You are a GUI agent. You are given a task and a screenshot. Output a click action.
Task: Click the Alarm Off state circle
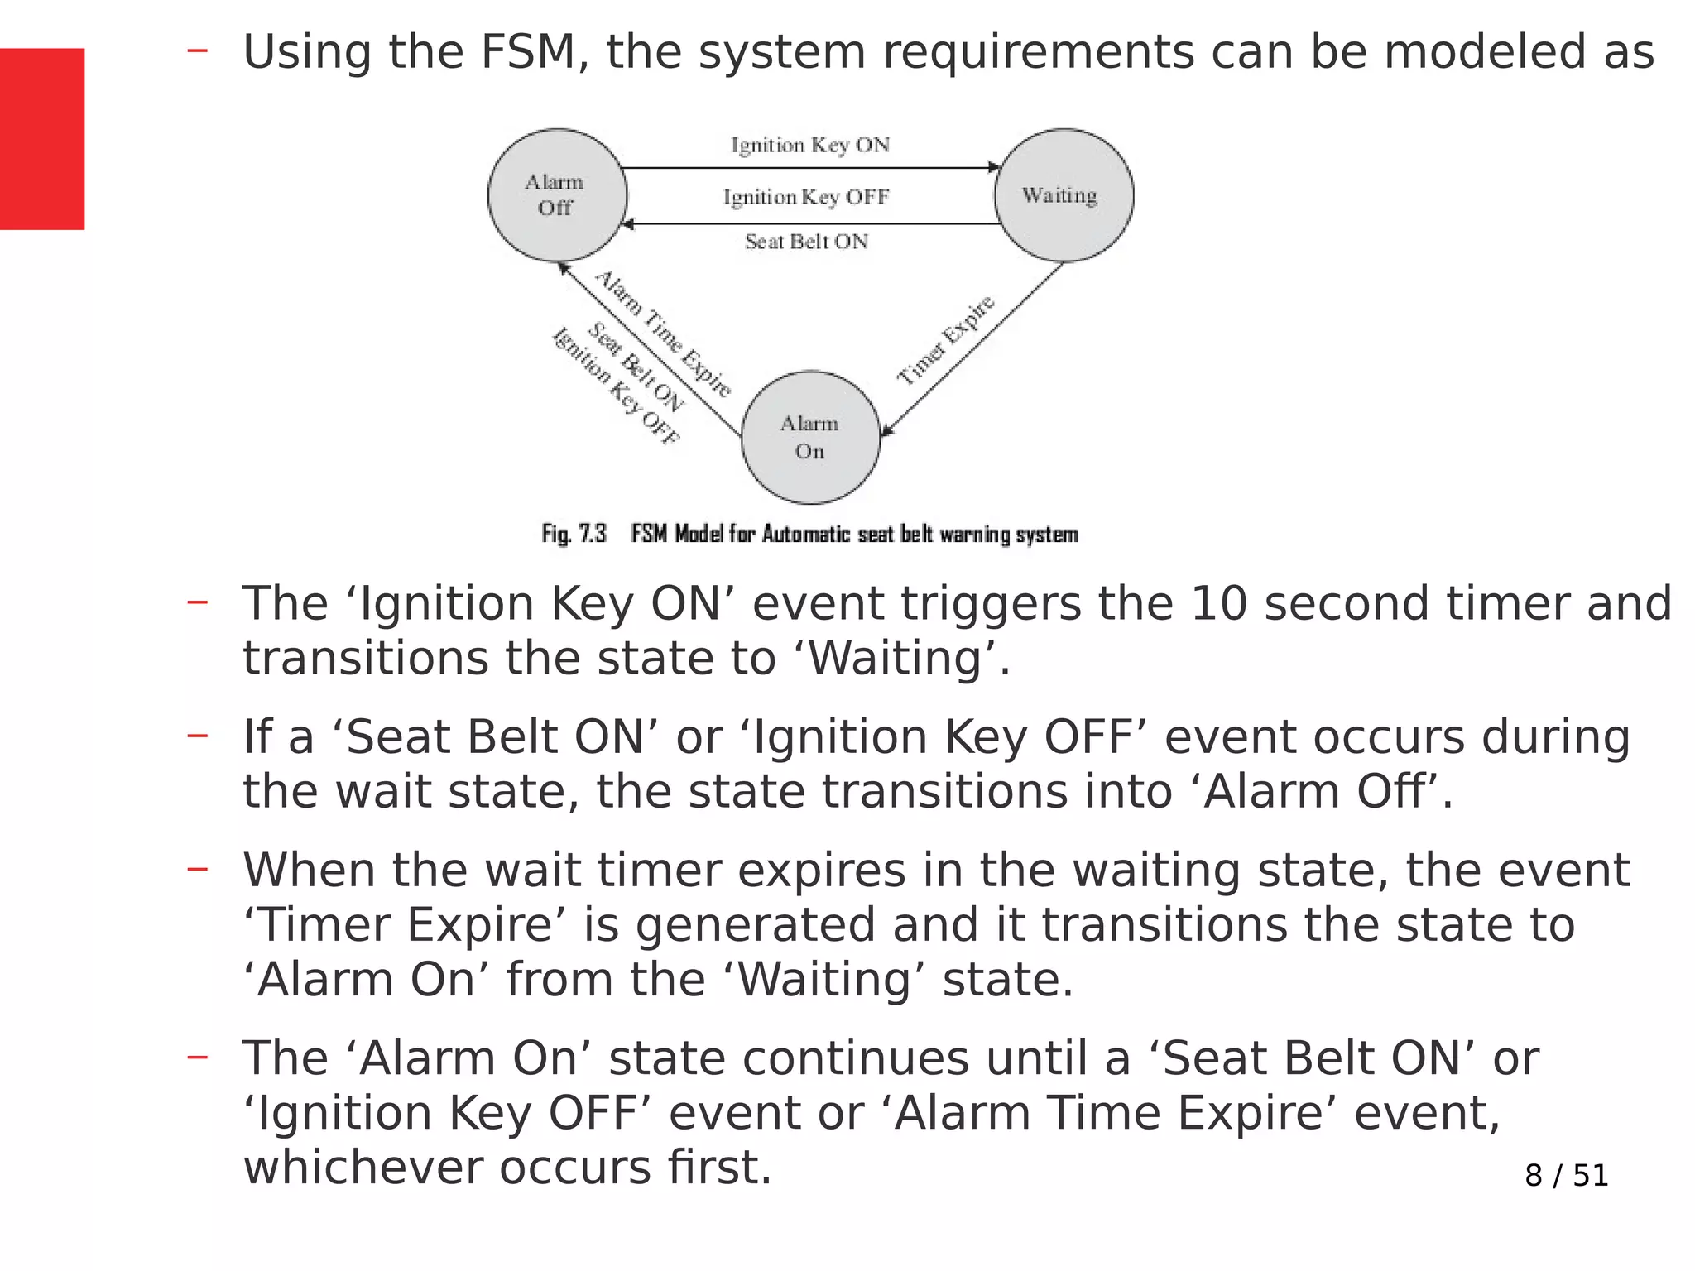click(556, 195)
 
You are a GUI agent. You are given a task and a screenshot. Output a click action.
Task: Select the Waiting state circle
click(1064, 195)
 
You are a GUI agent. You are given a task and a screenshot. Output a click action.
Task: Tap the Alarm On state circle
click(810, 437)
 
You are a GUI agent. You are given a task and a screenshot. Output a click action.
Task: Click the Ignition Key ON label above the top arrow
click(809, 145)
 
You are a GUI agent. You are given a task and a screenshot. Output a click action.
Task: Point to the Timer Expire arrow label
click(945, 340)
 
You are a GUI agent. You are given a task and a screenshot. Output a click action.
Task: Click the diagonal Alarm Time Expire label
click(663, 333)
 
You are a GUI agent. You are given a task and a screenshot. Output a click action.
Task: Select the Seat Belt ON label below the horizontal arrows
click(806, 242)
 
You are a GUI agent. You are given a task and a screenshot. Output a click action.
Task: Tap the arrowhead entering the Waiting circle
click(995, 167)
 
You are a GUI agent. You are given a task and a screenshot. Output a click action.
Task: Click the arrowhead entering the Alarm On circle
click(886, 429)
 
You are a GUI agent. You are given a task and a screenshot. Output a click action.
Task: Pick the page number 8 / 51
click(1566, 1175)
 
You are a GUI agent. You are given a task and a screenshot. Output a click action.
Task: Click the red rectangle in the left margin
click(41, 138)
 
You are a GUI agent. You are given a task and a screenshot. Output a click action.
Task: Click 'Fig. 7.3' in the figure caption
click(574, 534)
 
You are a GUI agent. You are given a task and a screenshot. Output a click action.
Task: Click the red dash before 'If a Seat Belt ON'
click(197, 735)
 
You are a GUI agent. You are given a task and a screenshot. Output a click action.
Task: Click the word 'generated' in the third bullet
click(755, 924)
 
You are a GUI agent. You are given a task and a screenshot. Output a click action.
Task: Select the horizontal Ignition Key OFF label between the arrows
click(805, 197)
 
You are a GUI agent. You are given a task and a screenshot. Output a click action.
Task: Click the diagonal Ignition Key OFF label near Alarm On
click(615, 386)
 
